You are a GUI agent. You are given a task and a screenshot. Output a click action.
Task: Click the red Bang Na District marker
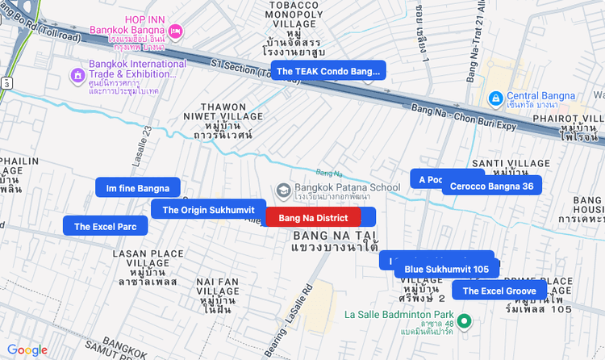pos(313,218)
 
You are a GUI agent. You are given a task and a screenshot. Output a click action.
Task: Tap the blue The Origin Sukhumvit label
pos(208,210)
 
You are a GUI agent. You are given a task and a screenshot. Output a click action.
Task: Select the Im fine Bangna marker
pos(137,189)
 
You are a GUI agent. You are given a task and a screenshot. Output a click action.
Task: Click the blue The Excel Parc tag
pos(106,227)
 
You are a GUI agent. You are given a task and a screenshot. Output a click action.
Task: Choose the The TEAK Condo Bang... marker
pos(328,71)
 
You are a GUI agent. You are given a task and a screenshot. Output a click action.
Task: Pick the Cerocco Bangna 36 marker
pos(491,186)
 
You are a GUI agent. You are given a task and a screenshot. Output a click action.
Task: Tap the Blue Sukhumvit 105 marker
pos(447,269)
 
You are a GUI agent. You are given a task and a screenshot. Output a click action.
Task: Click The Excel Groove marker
pos(499,291)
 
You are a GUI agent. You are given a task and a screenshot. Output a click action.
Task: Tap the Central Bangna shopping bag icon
pos(495,98)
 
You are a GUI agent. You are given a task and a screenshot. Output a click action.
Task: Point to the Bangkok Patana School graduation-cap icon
pos(283,190)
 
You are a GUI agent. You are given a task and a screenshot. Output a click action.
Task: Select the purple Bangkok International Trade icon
pos(77,76)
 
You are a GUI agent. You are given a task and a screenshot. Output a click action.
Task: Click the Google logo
pos(27,350)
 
